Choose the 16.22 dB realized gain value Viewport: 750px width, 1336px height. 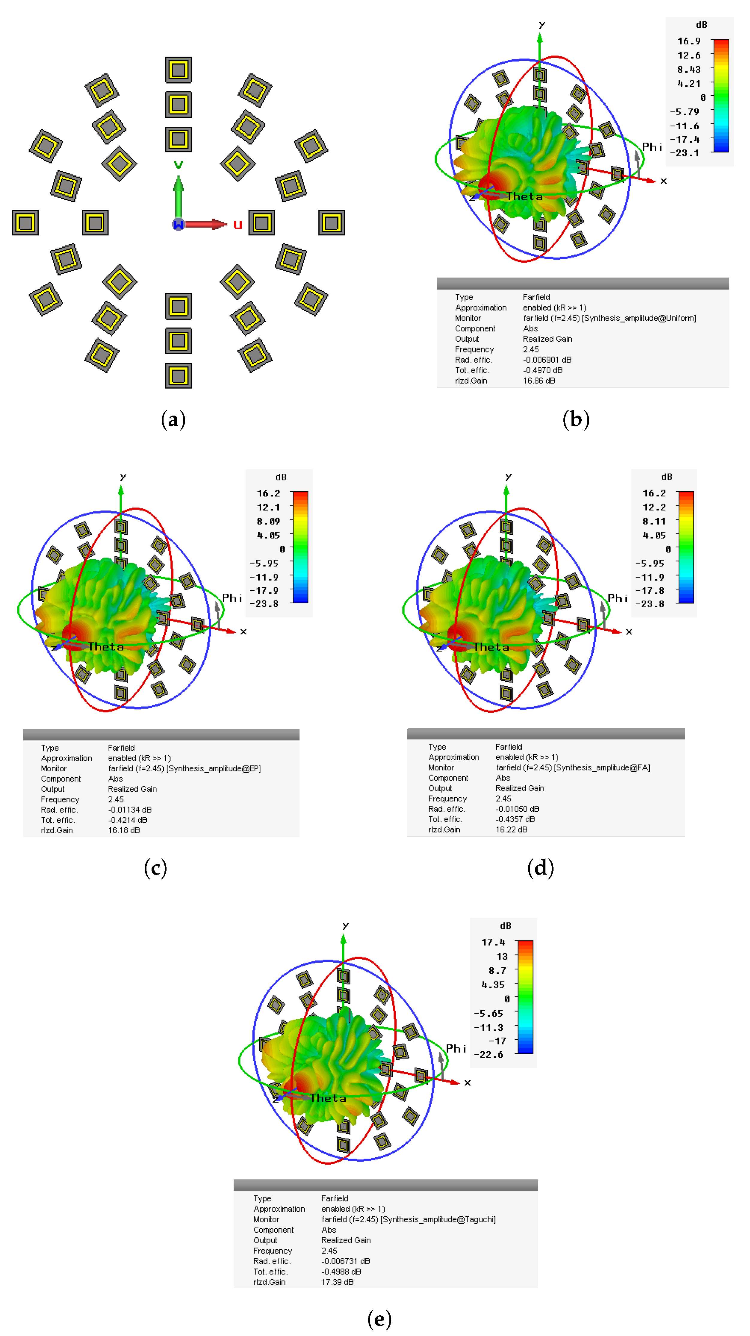click(x=511, y=829)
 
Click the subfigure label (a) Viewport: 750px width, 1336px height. click(x=173, y=419)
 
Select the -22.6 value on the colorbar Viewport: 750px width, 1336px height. click(x=488, y=1054)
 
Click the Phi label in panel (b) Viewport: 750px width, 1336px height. click(x=652, y=147)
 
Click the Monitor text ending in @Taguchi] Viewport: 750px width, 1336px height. click(x=408, y=1219)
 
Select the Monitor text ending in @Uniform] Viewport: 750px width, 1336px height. click(x=610, y=318)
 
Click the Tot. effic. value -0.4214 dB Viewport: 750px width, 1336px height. click(x=128, y=820)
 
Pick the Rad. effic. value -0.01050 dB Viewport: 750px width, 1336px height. click(x=517, y=808)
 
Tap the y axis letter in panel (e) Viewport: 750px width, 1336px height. click(x=345, y=926)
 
